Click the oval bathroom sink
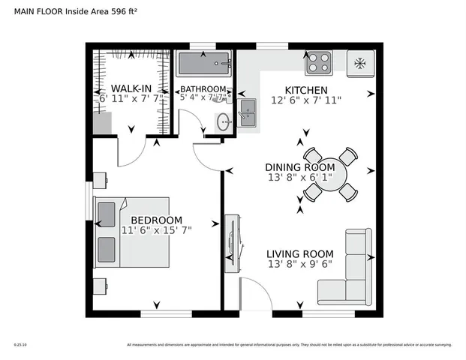[x=223, y=121]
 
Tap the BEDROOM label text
[x=156, y=220]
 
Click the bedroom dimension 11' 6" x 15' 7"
[x=156, y=230]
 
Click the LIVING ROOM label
[x=300, y=253]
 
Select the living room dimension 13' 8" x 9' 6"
[x=300, y=264]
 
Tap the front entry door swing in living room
[x=251, y=292]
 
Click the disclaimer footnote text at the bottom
[x=289, y=345]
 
